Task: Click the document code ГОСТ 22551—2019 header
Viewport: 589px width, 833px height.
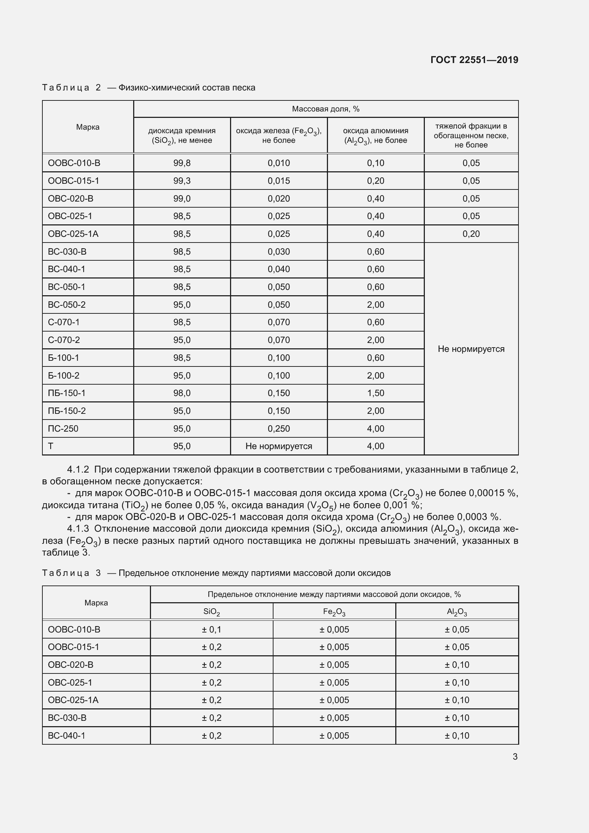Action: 474,60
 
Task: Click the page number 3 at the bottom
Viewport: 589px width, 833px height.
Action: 515,757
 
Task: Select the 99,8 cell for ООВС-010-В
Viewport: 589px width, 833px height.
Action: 182,163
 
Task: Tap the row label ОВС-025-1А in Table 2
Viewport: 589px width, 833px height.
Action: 73,234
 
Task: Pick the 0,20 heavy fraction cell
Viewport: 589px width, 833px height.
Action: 471,234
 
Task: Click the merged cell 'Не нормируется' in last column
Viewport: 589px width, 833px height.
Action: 471,349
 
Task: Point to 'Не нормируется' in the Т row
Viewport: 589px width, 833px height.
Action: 278,446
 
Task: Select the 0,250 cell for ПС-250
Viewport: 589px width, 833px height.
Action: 278,428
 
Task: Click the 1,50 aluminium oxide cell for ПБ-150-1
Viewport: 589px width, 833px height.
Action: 375,393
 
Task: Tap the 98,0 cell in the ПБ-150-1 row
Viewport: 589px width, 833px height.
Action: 182,393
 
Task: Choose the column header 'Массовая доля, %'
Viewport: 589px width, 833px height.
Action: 325,109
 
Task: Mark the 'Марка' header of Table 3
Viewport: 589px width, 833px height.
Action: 96,603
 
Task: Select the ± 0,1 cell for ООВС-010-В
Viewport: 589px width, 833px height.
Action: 212,629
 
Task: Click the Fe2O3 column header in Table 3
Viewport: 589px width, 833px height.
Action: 334,612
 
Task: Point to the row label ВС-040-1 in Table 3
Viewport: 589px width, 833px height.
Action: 66,735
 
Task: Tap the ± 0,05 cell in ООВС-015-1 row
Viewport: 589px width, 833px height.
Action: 457,647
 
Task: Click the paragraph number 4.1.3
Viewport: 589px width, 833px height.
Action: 78,529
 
